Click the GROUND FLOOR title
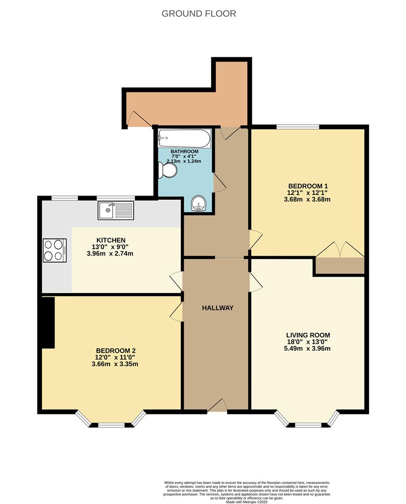tap(199, 14)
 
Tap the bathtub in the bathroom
tap(184, 138)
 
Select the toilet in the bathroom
tap(167, 170)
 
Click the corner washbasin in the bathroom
tap(200, 203)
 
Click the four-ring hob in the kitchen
tap(55, 250)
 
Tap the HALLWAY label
tap(217, 308)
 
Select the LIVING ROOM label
tap(308, 335)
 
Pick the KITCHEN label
tap(110, 240)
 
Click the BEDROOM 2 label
tap(116, 351)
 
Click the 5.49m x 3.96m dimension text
tap(308, 348)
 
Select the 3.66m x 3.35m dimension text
tap(116, 364)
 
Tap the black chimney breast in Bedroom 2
tap(48, 322)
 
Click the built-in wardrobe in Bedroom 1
tap(339, 266)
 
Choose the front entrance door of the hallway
tap(217, 406)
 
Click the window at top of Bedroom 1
tap(297, 126)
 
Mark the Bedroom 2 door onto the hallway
tap(177, 311)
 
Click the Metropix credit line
tap(247, 502)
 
